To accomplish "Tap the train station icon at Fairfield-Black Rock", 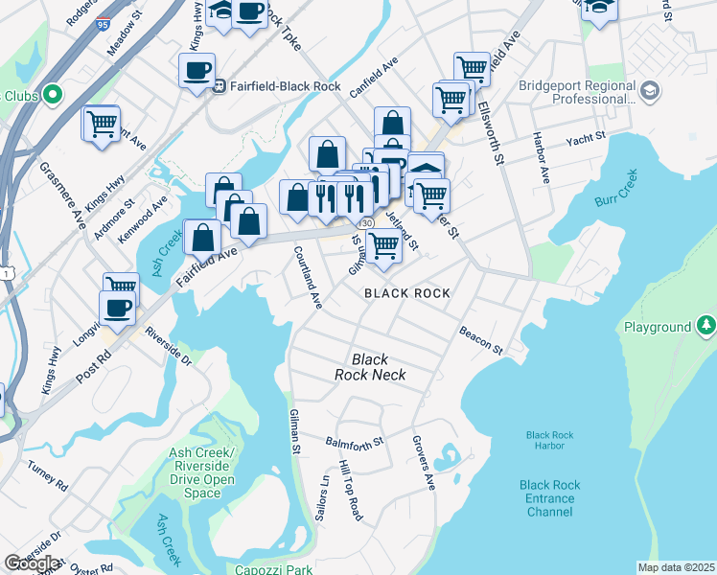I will pyautogui.click(x=220, y=86).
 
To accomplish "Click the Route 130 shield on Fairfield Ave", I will pyautogui.click(x=367, y=222).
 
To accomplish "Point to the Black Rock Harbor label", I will pyautogui.click(x=549, y=441).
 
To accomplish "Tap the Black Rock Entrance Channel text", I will pyautogui.click(x=549, y=498).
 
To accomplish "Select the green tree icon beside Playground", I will pyautogui.click(x=705, y=326).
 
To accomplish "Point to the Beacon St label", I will pyautogui.click(x=480, y=343).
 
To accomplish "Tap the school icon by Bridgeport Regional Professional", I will pyautogui.click(x=650, y=91).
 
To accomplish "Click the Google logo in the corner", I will pyautogui.click(x=31, y=563).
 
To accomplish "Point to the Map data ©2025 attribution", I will pyautogui.click(x=676, y=567).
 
